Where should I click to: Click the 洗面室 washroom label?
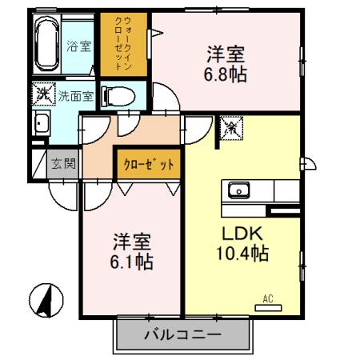tap(75, 95)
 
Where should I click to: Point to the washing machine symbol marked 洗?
tap(42, 94)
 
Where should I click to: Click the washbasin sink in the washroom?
tap(41, 125)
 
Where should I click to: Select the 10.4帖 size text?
tap(241, 254)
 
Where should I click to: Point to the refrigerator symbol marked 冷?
tap(230, 126)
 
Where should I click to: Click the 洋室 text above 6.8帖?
tap(225, 55)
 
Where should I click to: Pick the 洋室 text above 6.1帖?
tap(132, 240)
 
